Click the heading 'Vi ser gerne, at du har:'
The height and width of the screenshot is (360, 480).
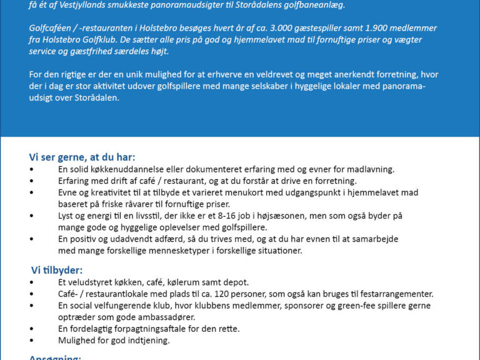82,157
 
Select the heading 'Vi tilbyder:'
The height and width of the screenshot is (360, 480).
57,270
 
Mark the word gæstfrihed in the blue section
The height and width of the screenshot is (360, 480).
107,51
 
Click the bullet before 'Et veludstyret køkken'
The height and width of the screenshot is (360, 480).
32,282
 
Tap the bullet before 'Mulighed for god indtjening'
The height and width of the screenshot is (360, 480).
32,341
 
